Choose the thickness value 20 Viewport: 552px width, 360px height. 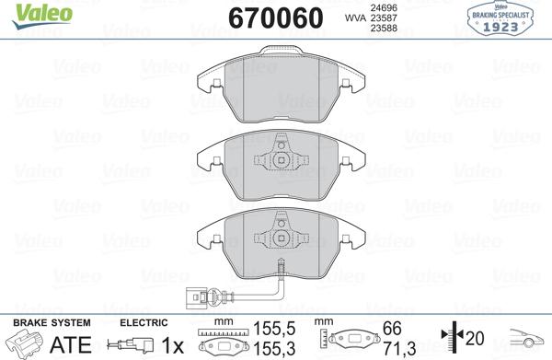(x=477, y=339)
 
